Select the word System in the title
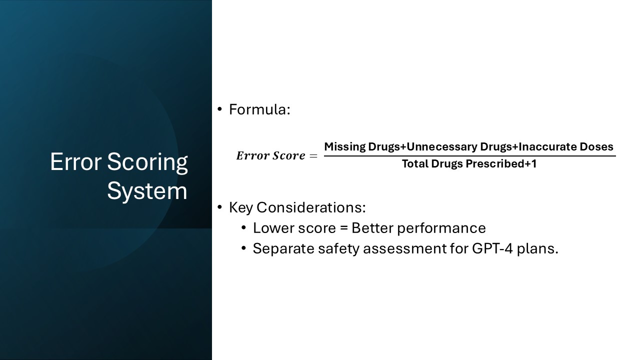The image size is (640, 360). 147,191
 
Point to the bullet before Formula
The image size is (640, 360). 219,109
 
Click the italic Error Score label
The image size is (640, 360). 270,155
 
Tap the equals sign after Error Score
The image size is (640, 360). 313,156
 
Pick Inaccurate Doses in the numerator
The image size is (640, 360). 566,147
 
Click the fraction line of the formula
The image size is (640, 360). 470,156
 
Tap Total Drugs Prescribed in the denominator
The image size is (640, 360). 462,164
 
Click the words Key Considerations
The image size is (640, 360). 296,207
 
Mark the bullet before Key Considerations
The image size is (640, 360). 219,207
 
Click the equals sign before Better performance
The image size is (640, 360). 343,228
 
